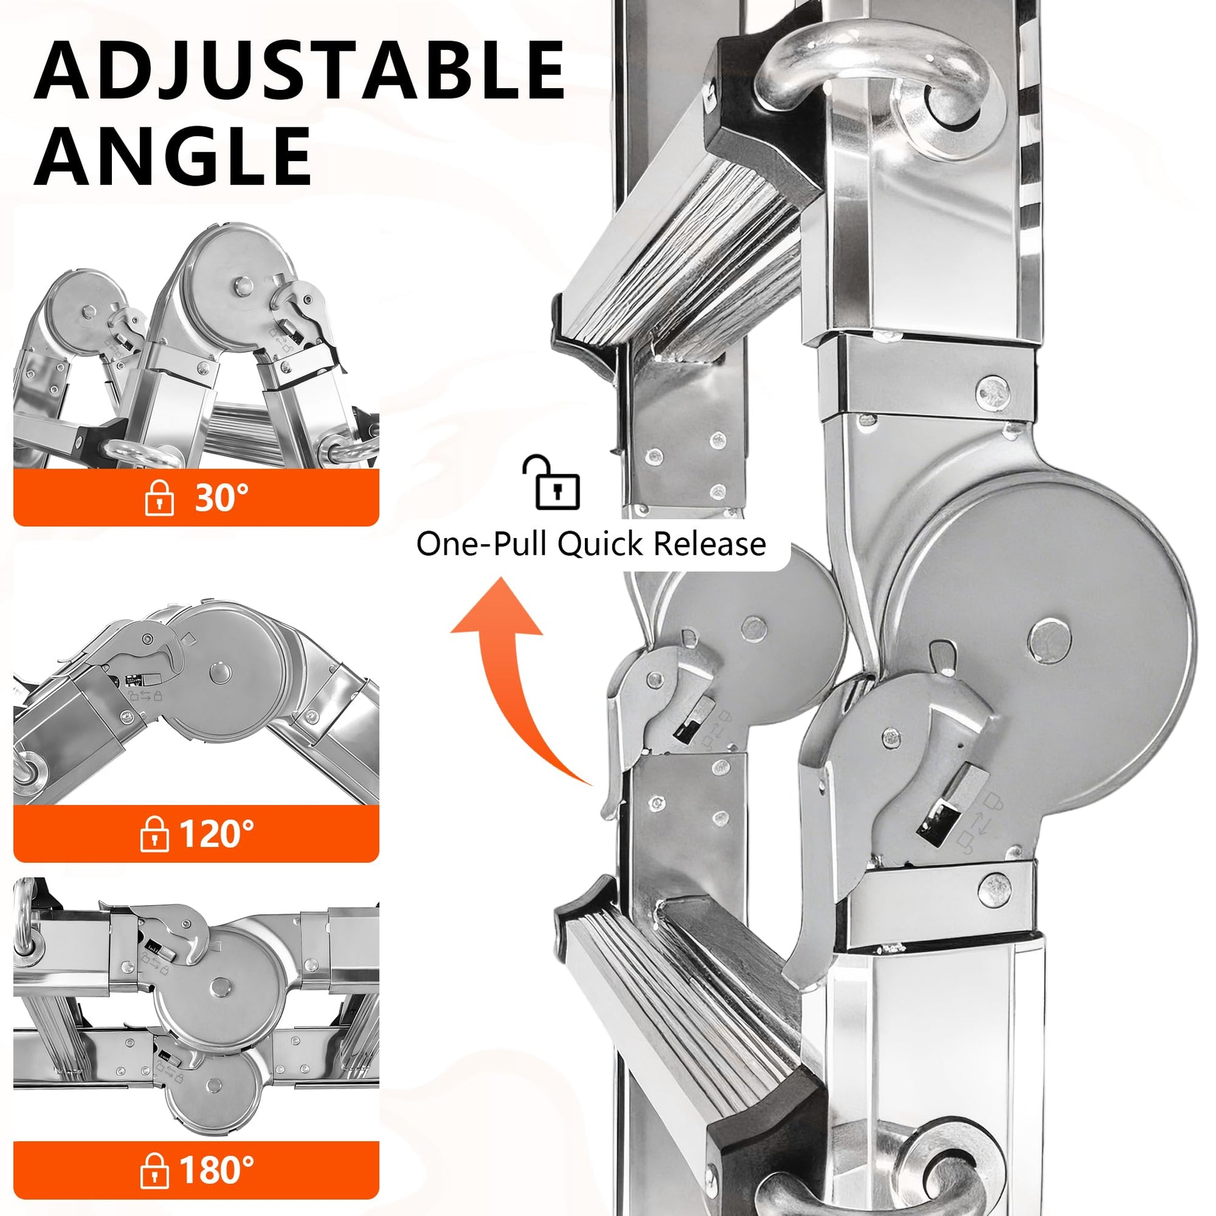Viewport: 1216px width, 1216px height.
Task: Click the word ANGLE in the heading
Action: [173, 154]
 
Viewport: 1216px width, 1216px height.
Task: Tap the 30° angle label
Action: [222, 497]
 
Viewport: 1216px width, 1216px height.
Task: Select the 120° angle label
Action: [216, 834]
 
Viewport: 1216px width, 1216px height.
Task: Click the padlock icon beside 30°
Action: [159, 498]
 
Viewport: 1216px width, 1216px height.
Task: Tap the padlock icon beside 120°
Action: [154, 834]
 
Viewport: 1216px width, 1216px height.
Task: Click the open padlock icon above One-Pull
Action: [551, 482]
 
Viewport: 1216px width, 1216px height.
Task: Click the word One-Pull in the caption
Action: [482, 544]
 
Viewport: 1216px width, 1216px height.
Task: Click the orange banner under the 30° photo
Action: [196, 497]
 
